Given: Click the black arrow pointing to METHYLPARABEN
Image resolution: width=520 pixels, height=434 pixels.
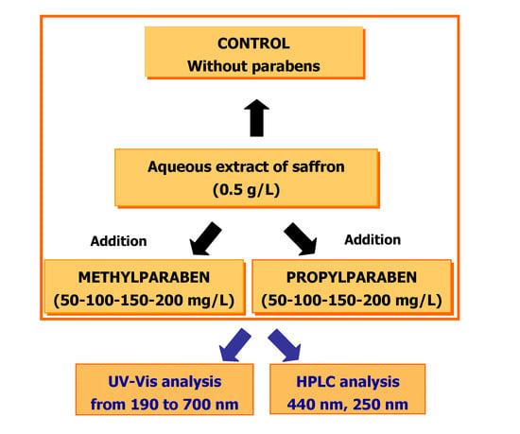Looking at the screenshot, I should [x=209, y=236].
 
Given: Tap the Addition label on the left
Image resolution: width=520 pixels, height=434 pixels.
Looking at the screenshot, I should [x=118, y=241].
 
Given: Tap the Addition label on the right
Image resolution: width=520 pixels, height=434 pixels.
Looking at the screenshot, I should [x=373, y=240].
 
